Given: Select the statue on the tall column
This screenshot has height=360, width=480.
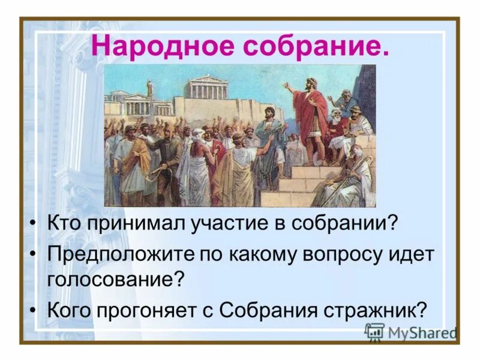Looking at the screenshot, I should pyautogui.click(x=150, y=90).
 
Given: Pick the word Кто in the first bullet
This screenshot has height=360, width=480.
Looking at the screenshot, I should pyautogui.click(x=64, y=224).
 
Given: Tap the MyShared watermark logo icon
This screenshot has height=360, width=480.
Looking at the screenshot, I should pyautogui.click(x=374, y=332).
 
